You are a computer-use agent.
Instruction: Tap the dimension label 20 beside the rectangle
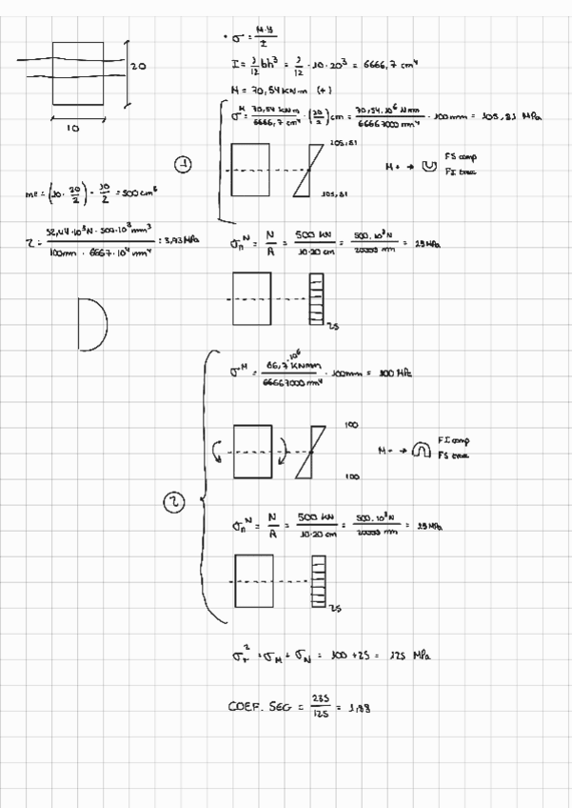tap(137, 67)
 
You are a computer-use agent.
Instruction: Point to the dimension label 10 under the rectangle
tap(73, 126)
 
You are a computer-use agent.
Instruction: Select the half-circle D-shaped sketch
tap(92, 322)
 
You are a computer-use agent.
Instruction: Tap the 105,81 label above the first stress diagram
tap(338, 143)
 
